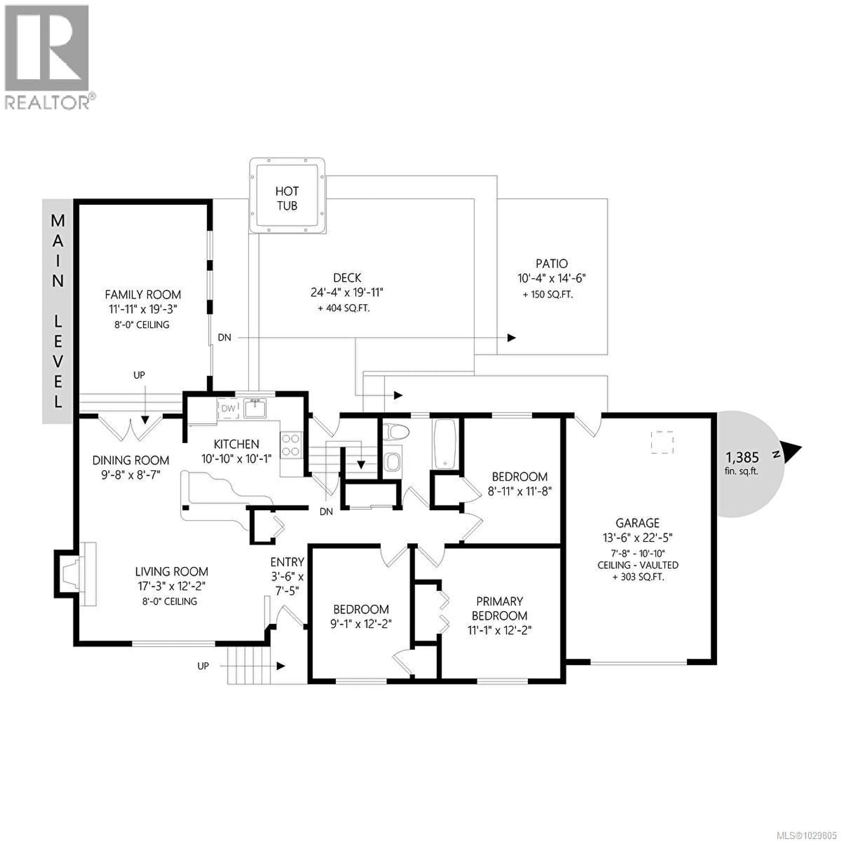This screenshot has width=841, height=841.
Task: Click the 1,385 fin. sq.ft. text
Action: tap(742, 463)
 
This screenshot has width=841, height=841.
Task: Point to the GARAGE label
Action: tap(637, 523)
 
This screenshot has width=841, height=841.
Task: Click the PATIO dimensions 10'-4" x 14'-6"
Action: tap(551, 278)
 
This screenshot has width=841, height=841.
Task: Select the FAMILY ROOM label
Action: tap(143, 295)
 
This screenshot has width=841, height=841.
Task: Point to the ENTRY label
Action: tap(287, 562)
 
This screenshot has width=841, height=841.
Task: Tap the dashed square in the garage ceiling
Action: tap(662, 442)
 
